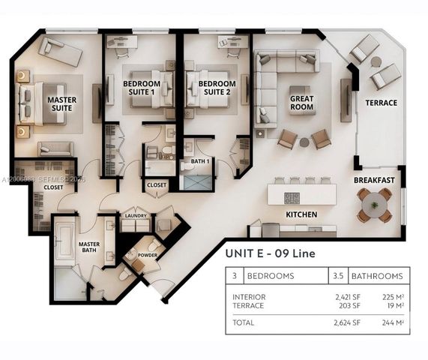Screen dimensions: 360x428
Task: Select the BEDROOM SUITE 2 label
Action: pos(212,88)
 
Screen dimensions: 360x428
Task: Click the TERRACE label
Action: pos(381,103)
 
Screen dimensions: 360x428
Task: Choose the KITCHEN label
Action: pos(301,214)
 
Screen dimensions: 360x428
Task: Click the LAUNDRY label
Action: pos(136,216)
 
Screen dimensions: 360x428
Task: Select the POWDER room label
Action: pos(147,255)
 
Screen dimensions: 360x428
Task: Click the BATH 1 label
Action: pos(200,161)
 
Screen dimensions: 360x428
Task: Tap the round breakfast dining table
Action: pos(374,205)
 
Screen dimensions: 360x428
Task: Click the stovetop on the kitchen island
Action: pos(292,199)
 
